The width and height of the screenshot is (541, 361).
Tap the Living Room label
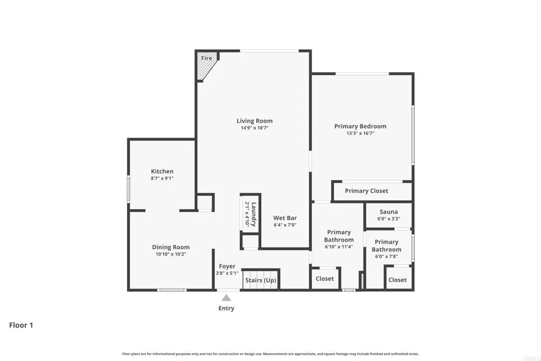[x=255, y=121]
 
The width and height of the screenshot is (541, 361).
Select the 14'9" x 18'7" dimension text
[x=255, y=128]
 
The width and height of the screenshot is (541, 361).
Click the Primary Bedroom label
[x=360, y=126]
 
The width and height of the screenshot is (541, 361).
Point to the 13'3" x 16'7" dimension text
[x=360, y=134]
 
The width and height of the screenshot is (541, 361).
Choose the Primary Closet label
[x=366, y=191]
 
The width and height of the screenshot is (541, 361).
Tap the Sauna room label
[x=388, y=212]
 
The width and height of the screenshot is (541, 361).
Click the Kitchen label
[x=162, y=171]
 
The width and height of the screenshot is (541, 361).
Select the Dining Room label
[x=171, y=247]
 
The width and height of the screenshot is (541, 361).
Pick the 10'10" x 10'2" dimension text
[x=171, y=254]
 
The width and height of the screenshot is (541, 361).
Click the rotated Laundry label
[x=254, y=214]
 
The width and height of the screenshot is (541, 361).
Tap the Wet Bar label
[x=285, y=218]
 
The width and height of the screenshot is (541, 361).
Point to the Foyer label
[x=227, y=266]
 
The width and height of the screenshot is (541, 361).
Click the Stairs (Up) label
[x=260, y=280]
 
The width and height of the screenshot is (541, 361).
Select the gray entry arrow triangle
[x=226, y=298]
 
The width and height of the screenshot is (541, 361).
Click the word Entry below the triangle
[x=226, y=308]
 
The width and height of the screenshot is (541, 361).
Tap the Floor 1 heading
[x=21, y=325]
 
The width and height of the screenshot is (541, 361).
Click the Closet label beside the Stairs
[x=325, y=279]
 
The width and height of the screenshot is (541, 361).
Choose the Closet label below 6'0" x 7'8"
[x=397, y=280]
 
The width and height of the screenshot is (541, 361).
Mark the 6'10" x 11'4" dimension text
[x=339, y=247]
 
